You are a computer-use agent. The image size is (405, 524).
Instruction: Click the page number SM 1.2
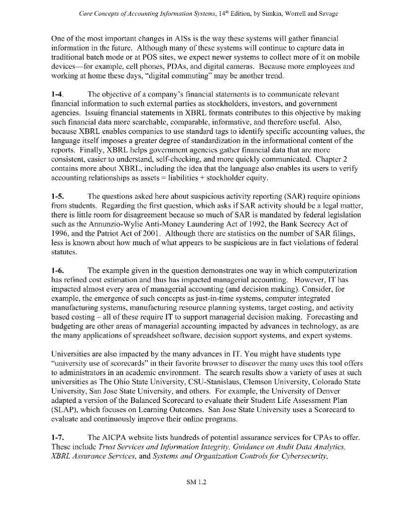click(x=196, y=482)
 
